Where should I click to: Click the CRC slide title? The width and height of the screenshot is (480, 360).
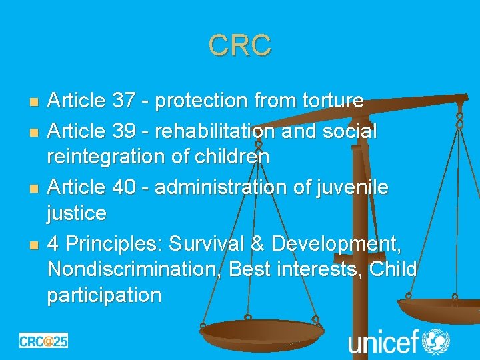tap(239, 45)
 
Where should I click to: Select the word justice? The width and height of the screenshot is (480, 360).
tap(77, 214)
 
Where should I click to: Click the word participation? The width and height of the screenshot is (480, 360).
tap(104, 295)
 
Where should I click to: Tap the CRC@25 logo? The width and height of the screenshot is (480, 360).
tap(43, 340)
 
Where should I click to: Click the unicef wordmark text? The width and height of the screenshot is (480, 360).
tap(383, 342)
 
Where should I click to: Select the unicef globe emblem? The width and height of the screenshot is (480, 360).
tap(437, 341)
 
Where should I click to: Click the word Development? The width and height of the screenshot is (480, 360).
tap(338, 244)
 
